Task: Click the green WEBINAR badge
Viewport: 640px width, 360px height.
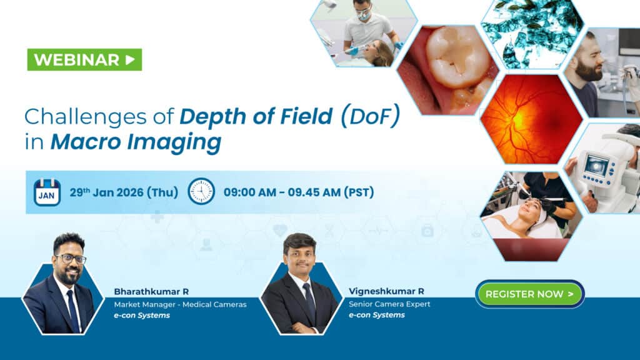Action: click(84, 59)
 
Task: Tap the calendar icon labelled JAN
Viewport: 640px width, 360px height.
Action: click(47, 192)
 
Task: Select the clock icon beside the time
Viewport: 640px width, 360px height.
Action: click(201, 191)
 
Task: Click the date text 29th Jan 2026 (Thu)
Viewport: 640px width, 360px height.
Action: click(124, 192)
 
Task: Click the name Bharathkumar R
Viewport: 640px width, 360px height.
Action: click(151, 292)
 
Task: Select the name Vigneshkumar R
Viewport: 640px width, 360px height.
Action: click(386, 291)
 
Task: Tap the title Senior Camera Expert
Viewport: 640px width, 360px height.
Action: click(389, 304)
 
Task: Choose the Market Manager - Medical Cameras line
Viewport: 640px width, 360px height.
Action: click(180, 304)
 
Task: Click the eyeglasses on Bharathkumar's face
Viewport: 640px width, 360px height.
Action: click(70, 258)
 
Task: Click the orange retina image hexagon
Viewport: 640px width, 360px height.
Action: click(532, 119)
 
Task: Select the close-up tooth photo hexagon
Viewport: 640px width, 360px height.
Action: click(447, 70)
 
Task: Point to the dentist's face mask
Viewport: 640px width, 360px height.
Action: click(363, 16)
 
